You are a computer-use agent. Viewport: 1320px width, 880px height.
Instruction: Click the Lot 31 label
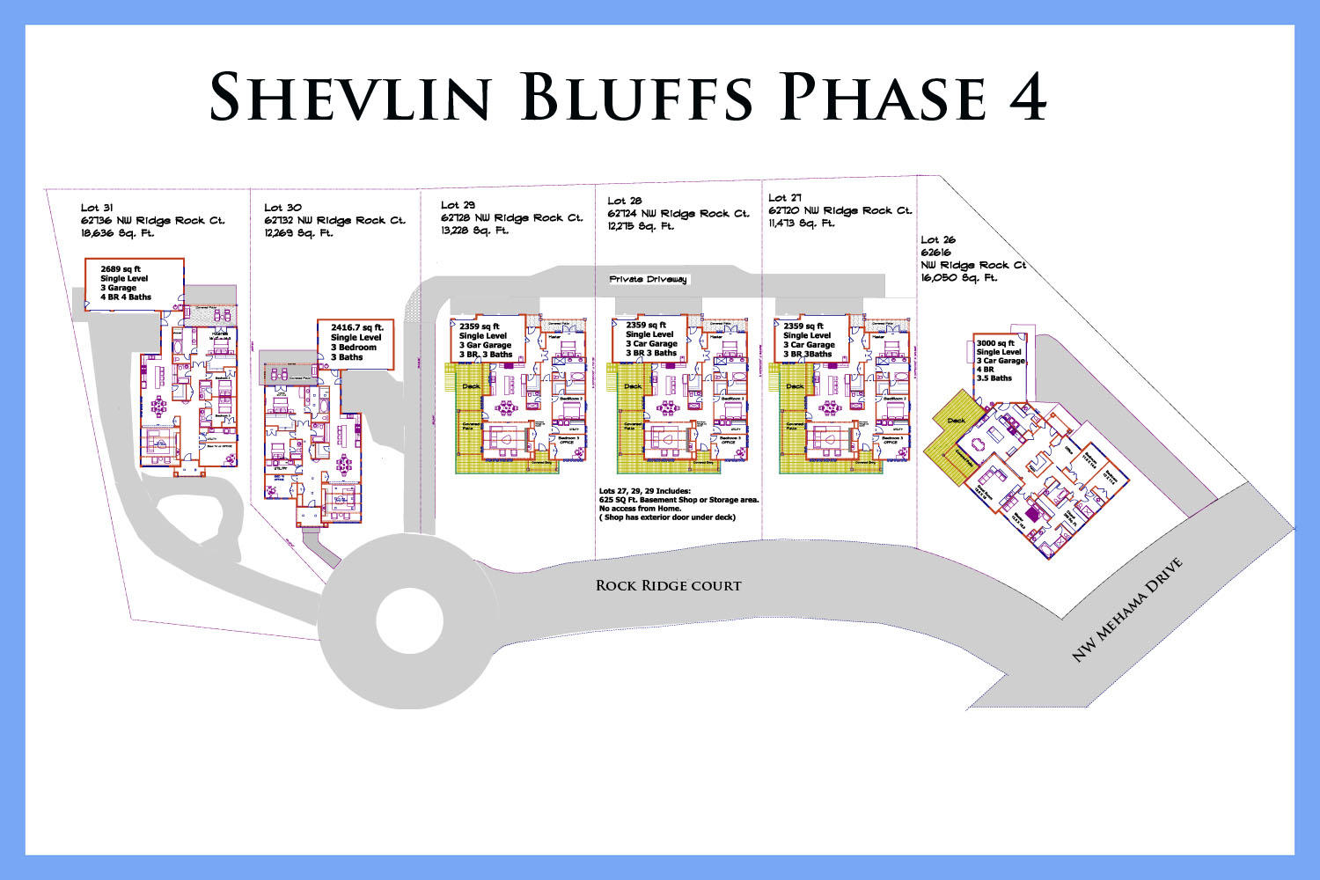(97, 209)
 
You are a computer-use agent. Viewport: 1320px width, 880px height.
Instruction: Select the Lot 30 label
(282, 209)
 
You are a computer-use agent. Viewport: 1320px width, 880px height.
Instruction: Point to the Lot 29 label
(458, 205)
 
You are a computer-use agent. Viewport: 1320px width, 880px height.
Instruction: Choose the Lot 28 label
(625, 202)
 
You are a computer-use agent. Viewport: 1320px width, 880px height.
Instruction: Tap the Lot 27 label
(785, 199)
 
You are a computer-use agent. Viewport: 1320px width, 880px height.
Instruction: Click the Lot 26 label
(938, 239)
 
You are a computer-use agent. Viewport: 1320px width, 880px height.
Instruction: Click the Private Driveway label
(648, 280)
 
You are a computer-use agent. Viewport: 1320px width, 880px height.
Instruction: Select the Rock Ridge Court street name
(668, 585)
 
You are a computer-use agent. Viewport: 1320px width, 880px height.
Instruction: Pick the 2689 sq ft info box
(134, 283)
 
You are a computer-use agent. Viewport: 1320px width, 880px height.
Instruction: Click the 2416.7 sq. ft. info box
(356, 342)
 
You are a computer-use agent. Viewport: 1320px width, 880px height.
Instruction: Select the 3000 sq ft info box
(1001, 360)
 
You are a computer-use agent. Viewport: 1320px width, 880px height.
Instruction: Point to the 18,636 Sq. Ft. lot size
(117, 234)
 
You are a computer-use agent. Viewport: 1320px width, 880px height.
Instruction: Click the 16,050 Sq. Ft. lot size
(959, 278)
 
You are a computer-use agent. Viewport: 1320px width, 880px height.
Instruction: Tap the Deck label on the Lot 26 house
(956, 421)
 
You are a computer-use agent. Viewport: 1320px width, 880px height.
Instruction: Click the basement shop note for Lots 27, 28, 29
(678, 504)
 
